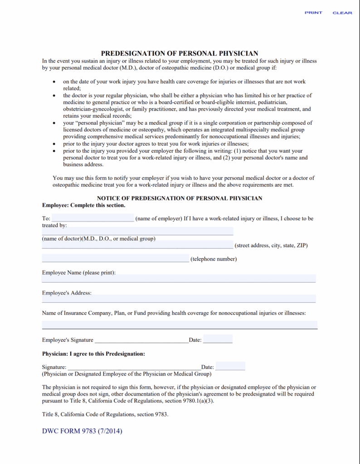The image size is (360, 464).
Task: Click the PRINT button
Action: point(313,13)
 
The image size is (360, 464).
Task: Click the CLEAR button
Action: point(342,13)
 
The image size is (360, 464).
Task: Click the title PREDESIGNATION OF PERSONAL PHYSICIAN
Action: point(180,53)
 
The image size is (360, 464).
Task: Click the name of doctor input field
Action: point(137,231)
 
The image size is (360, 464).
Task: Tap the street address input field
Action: point(137,245)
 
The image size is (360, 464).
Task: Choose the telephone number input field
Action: point(115,258)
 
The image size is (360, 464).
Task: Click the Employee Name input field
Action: point(179,278)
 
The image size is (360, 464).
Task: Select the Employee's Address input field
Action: point(179,299)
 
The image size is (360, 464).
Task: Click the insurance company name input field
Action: point(180,325)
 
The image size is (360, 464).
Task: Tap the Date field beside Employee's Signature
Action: point(218,339)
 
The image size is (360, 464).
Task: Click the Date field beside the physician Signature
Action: point(230,366)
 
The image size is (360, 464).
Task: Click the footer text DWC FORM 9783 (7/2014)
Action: point(82,431)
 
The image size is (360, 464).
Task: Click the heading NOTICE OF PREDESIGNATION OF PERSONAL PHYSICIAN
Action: point(180,198)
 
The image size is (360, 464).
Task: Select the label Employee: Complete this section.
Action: point(83,205)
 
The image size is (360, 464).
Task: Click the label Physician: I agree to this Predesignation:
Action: point(93,353)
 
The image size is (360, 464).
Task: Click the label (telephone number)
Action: point(214,259)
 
